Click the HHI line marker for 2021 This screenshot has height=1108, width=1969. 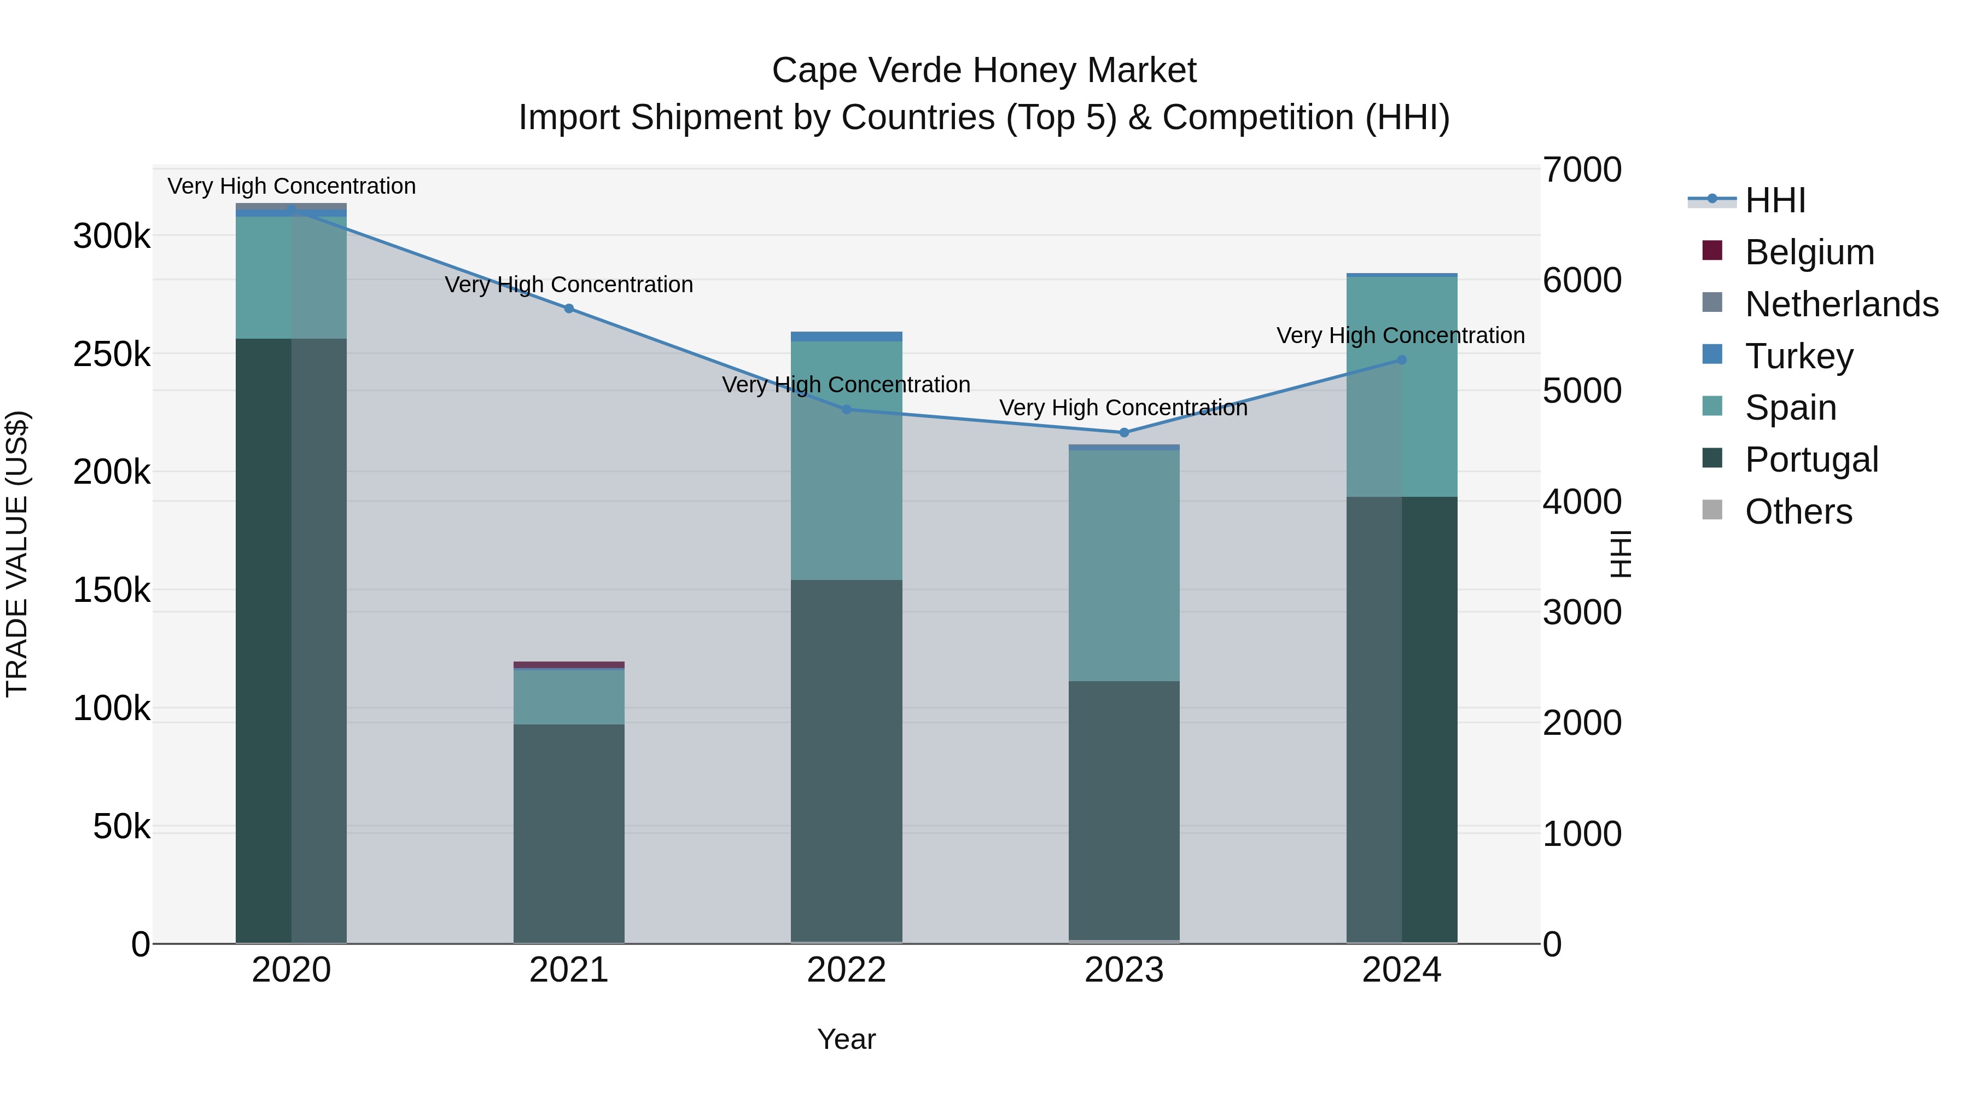[569, 308]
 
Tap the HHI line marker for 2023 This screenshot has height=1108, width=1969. [1123, 432]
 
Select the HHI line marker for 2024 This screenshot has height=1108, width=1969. [1401, 359]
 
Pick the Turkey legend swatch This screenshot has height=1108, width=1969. [1712, 355]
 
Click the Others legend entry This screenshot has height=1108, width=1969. [1798, 512]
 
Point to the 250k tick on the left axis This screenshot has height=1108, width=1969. [112, 354]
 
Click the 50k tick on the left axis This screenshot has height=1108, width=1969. [121, 827]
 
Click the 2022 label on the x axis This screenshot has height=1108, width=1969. [846, 970]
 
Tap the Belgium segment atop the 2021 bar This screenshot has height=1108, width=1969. [569, 664]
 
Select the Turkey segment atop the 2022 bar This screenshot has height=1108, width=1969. [846, 337]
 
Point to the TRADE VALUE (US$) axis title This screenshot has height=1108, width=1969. [17, 554]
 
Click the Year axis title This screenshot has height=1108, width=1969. [846, 1039]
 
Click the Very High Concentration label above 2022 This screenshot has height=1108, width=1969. [846, 385]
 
